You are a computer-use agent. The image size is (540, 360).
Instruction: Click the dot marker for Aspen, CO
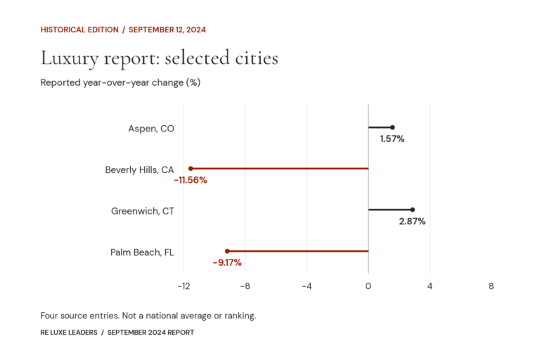coord(392,127)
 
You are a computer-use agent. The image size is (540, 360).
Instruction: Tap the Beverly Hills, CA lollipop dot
coord(191,169)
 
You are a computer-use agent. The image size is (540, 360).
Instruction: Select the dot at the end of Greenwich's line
coord(412,210)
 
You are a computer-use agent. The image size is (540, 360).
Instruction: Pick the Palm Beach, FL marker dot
coord(227,251)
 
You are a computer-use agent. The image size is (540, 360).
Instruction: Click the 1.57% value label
coord(392,139)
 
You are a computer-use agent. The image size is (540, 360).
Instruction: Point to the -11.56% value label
coord(191,180)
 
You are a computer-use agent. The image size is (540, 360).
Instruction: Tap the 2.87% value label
coord(412,221)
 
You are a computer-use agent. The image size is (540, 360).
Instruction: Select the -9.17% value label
coord(227,263)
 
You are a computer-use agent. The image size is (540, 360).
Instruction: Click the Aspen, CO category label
coord(151,129)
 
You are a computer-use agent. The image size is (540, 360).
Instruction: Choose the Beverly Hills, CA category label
coord(139,170)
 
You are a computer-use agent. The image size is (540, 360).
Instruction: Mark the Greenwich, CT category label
coord(143,211)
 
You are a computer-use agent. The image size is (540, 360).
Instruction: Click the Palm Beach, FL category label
coord(142,252)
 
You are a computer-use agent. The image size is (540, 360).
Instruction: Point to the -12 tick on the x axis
coord(184,286)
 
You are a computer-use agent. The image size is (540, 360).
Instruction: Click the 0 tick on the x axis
coord(368,286)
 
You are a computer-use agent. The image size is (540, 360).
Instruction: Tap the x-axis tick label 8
coord(491,286)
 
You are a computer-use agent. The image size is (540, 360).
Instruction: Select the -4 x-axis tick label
coord(307,286)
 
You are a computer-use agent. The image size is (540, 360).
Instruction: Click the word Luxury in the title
coord(70,58)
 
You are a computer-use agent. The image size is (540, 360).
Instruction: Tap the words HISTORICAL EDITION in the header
coord(79,30)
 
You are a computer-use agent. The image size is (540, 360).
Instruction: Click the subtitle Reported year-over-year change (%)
coord(120,83)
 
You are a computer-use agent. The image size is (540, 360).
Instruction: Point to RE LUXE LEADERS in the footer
coord(69,333)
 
